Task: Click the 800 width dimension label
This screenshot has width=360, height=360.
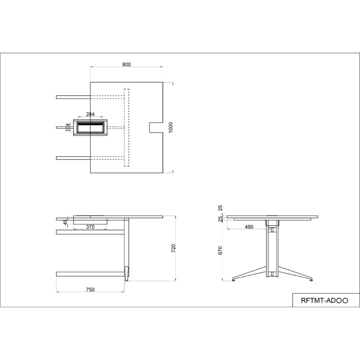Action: [126, 64]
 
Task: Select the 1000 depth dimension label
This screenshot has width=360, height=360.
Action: [170, 128]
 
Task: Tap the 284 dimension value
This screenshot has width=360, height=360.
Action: [90, 114]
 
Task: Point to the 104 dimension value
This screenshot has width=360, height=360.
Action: [68, 128]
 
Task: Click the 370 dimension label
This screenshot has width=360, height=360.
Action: [90, 227]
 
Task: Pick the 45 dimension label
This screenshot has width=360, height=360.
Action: [66, 222]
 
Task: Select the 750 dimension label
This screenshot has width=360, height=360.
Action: [90, 290]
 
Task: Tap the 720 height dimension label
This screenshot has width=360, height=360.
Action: [174, 248]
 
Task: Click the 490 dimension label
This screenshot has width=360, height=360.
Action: [249, 227]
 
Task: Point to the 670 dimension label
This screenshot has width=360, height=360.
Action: [220, 250]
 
